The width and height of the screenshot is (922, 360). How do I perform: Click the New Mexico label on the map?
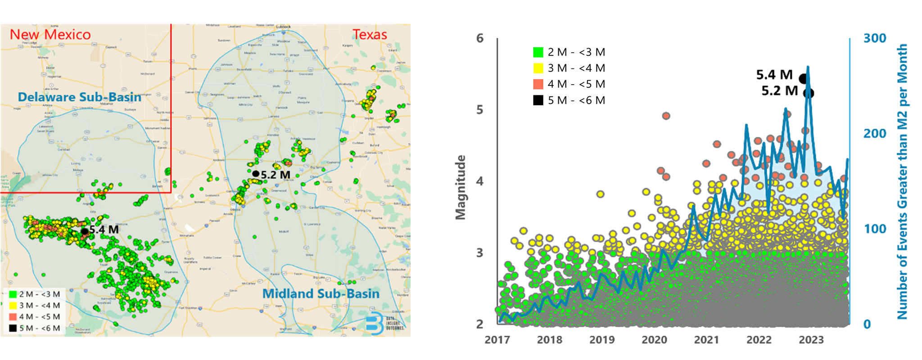50,35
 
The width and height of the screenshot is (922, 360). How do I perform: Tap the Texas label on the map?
370,35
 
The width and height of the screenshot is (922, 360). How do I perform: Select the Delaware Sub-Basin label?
80,97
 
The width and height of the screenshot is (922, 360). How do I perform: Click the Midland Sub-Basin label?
321,294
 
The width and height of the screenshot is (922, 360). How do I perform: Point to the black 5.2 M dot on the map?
256,174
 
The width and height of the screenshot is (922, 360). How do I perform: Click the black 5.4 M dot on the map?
85,231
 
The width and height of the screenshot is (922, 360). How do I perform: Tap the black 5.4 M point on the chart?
803,79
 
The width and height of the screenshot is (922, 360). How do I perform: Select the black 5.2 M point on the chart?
809,94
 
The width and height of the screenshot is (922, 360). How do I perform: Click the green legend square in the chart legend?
538,52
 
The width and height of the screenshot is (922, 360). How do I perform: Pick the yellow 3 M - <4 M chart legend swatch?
538,68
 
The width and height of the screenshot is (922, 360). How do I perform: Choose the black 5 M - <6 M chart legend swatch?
538,100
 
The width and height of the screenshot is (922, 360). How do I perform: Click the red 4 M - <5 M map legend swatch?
13,317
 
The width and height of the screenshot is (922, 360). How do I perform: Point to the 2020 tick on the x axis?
654,340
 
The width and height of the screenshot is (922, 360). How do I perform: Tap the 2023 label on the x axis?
811,340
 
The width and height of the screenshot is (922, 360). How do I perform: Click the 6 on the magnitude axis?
480,38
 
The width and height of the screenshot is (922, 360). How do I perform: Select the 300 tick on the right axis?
875,38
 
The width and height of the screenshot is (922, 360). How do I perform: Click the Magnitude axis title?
461,187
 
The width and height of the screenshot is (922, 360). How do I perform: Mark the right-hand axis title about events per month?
902,181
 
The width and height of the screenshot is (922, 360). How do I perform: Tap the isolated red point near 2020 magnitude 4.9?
666,116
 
